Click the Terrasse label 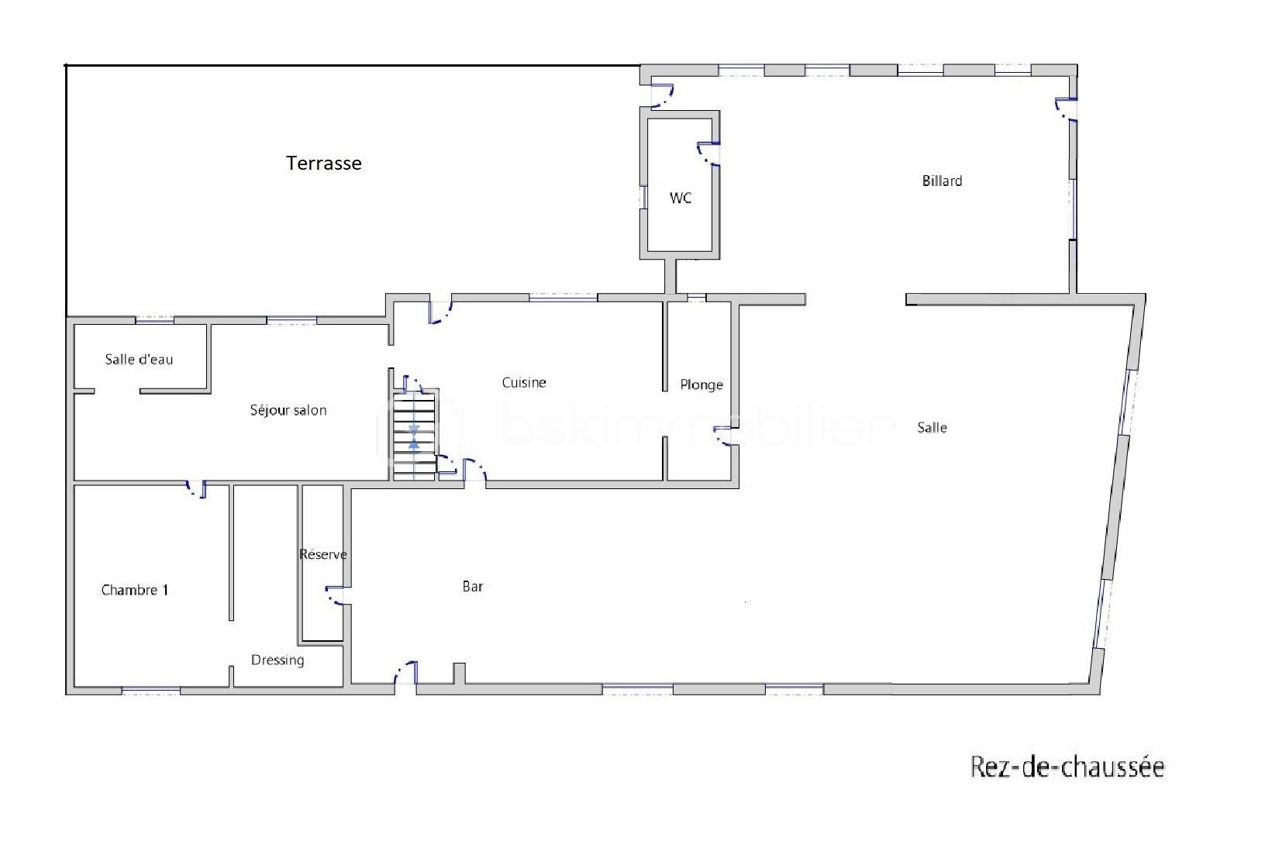coord(324,164)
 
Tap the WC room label coord(681,198)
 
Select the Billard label coord(942,181)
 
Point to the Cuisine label coord(523,383)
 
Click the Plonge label coord(701,385)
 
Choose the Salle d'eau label coord(139,360)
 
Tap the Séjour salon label coord(288,411)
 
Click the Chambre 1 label coord(135,590)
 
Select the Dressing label coord(277,660)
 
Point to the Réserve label coord(323,554)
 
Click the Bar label coord(473,587)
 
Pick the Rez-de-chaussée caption coord(1067,767)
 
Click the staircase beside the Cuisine coord(414,437)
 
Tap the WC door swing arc coord(708,154)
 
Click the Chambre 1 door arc coord(196,490)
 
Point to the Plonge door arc coord(726,436)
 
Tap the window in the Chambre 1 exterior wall coord(150,691)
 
